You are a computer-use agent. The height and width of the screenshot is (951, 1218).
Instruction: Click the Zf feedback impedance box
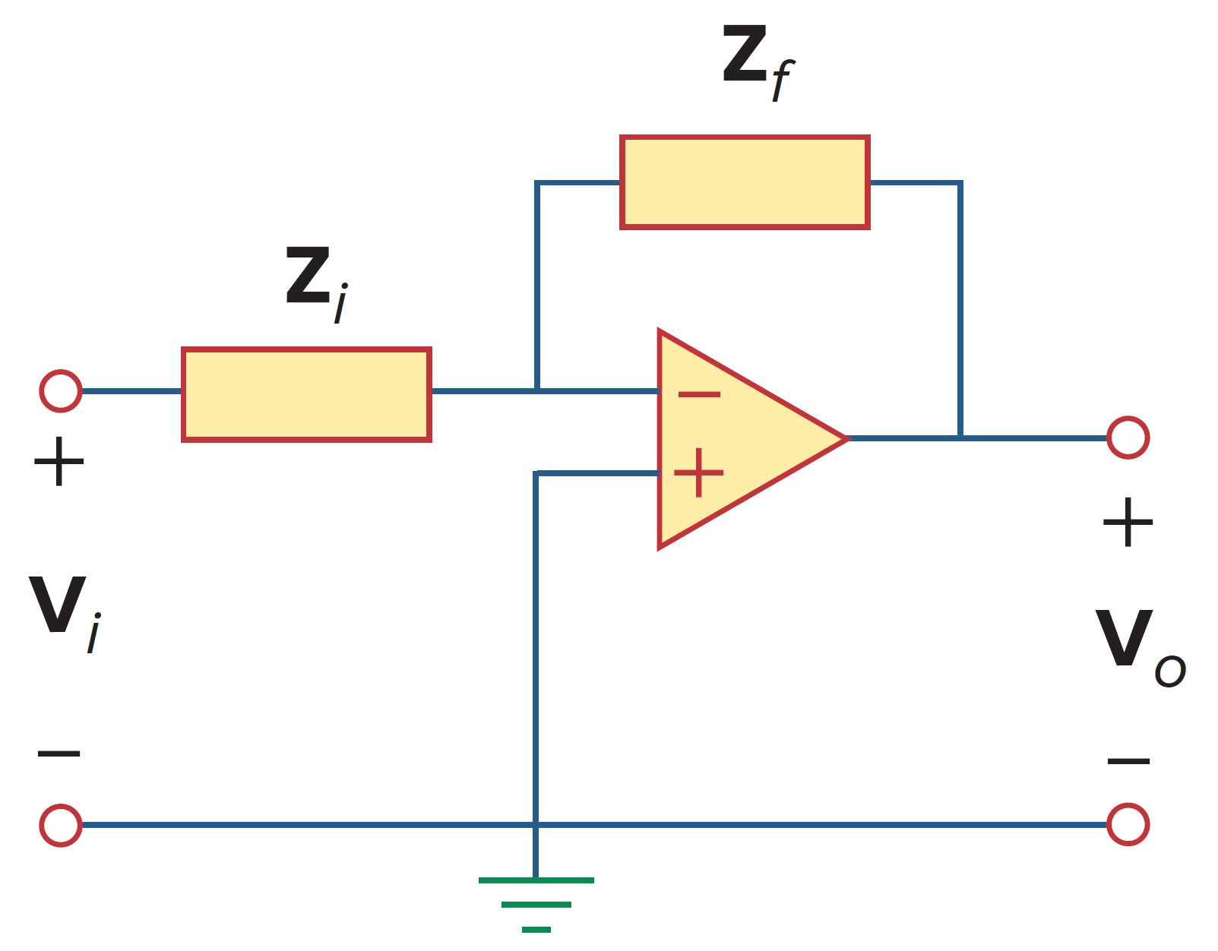[x=745, y=182]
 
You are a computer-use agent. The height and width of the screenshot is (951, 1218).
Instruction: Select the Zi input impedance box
[x=306, y=394]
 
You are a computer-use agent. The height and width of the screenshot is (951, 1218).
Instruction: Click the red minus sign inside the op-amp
[x=698, y=393]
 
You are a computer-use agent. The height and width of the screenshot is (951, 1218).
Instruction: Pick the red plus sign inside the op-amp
[x=698, y=472]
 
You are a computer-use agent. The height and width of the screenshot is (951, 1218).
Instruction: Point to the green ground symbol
[x=536, y=904]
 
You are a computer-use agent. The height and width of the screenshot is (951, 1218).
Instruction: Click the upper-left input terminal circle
[x=61, y=391]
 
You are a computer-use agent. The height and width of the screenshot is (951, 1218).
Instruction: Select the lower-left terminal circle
[x=61, y=825]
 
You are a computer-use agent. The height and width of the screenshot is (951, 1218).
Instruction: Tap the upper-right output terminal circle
[x=1128, y=438]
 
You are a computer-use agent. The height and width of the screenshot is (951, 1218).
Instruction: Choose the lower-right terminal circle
[x=1128, y=825]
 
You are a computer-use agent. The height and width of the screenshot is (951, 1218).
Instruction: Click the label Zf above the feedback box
[x=756, y=61]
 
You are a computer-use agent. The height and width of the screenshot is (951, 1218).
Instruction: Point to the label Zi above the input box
[x=315, y=281]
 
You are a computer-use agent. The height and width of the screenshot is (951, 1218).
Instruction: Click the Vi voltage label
[x=65, y=611]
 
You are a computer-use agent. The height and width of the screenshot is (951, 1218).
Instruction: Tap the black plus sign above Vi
[x=59, y=461]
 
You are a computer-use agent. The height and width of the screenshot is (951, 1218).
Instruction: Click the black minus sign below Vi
[x=59, y=754]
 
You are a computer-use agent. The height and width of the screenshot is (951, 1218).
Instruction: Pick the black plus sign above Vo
[x=1128, y=522]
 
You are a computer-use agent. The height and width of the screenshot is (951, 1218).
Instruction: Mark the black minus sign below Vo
[x=1128, y=760]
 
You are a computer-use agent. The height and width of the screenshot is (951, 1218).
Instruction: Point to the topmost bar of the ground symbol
[x=536, y=880]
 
